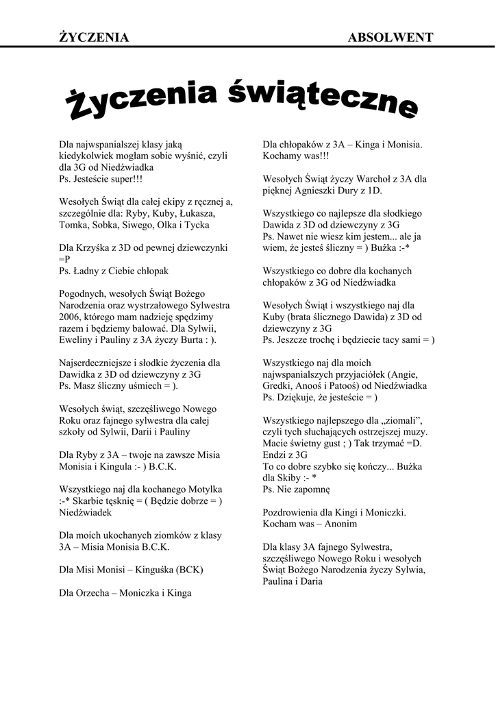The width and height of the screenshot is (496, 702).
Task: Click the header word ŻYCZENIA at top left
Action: click(x=94, y=38)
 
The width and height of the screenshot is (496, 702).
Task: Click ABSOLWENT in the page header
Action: click(x=390, y=38)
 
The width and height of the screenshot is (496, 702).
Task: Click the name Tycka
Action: click(x=197, y=225)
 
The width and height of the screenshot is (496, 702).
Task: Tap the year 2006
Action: click(x=70, y=317)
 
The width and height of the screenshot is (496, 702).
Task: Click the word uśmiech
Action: click(x=149, y=386)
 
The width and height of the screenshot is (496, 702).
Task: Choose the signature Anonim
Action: click(x=341, y=524)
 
